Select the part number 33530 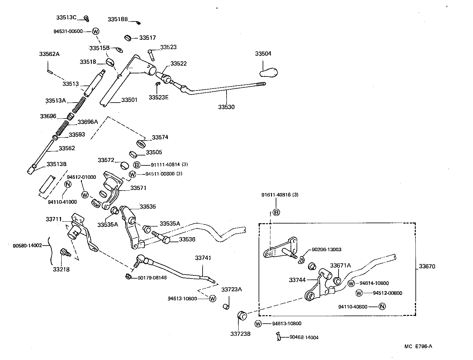(226, 107)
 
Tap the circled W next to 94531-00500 (96, 31)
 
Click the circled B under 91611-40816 (276, 212)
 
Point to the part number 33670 (427, 266)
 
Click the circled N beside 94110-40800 (382, 307)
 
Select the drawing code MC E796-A (418, 346)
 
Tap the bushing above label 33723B (242, 315)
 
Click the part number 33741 (203, 258)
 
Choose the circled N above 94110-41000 (68, 184)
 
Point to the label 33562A (49, 54)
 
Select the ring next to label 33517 (128, 38)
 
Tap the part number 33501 (129, 100)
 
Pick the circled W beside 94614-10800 (351, 283)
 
